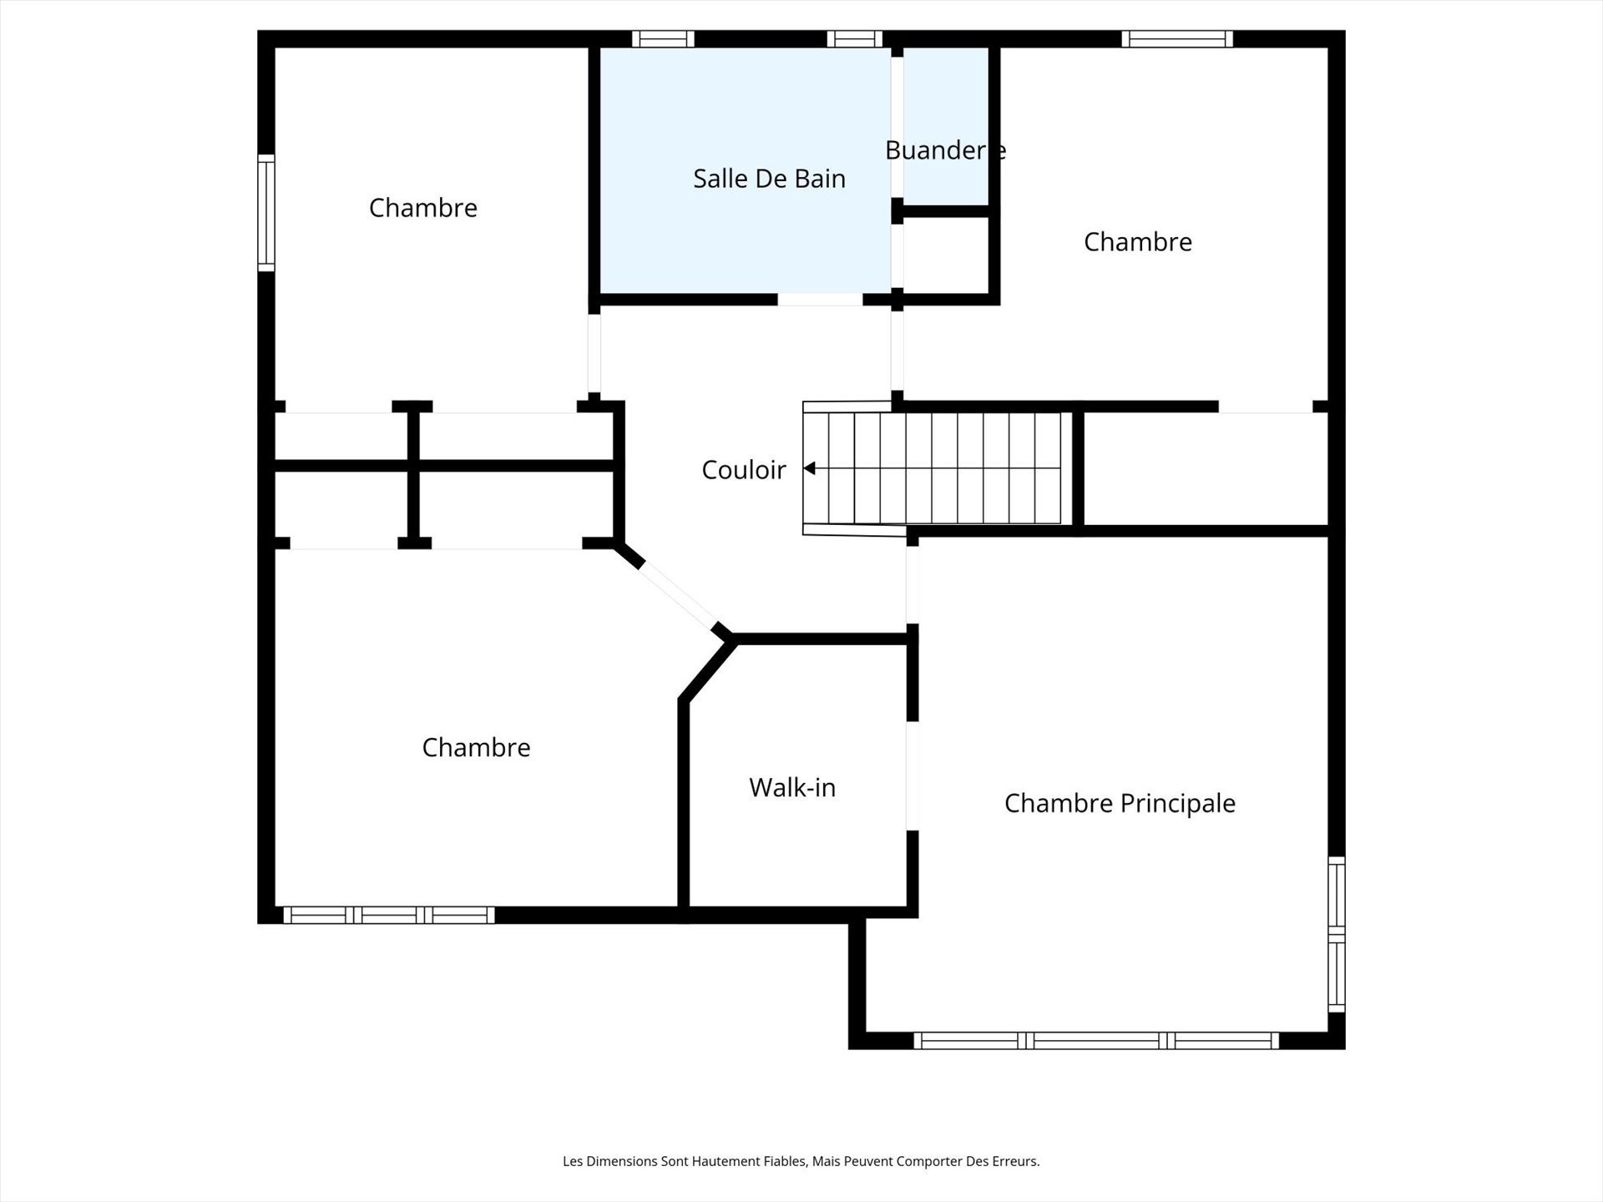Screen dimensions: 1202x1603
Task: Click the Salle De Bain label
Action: click(769, 179)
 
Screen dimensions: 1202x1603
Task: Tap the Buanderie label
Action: click(945, 150)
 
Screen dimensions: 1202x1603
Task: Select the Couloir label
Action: click(743, 470)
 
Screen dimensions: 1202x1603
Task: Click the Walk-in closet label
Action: click(791, 787)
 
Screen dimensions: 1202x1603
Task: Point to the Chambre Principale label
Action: click(1119, 803)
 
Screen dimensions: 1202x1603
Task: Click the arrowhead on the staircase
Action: click(809, 469)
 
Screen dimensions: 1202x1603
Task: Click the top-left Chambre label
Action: click(422, 208)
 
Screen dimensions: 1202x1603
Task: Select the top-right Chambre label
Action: click(1137, 242)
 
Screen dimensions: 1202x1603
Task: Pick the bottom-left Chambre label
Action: click(476, 747)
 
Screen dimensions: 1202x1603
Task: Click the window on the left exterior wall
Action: click(265, 213)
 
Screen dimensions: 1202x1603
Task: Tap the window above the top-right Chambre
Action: click(1176, 38)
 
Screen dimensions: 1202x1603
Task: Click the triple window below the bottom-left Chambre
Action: click(389, 915)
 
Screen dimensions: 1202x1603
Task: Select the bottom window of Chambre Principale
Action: click(1095, 1040)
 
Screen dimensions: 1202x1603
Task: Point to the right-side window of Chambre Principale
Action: click(1336, 934)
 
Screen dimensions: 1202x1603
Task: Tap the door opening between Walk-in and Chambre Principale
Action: click(913, 775)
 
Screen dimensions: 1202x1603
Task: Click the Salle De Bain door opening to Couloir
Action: click(820, 299)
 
